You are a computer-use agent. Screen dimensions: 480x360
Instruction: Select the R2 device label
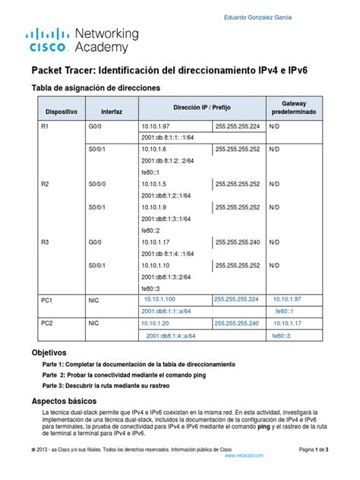[x=45, y=184]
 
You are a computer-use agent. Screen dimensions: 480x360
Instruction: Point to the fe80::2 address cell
[x=153, y=230]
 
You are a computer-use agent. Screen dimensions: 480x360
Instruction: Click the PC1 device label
[x=46, y=301]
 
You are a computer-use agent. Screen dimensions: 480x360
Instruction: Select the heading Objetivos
[x=49, y=353]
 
